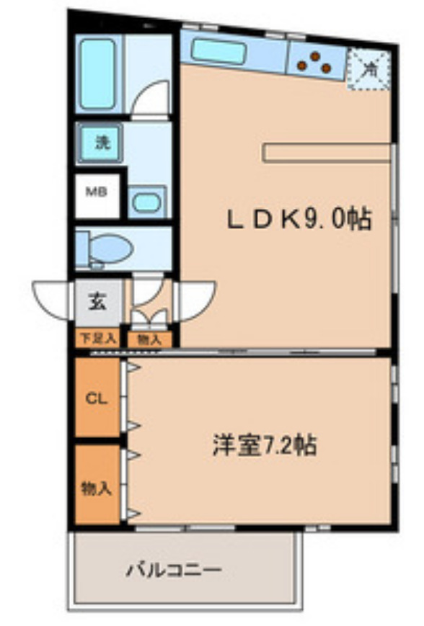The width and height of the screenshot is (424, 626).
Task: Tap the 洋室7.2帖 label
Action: [264, 444]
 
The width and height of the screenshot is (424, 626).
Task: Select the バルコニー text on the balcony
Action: [175, 571]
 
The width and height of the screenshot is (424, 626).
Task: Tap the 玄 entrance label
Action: [97, 302]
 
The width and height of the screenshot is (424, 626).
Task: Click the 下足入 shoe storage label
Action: [97, 338]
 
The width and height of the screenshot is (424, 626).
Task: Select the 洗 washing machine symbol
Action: [102, 143]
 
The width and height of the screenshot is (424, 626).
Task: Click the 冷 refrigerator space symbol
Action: [369, 70]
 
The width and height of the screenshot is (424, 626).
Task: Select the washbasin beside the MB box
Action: [146, 202]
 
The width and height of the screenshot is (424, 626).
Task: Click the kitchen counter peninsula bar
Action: [328, 153]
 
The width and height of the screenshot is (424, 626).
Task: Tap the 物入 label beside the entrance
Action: [149, 339]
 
